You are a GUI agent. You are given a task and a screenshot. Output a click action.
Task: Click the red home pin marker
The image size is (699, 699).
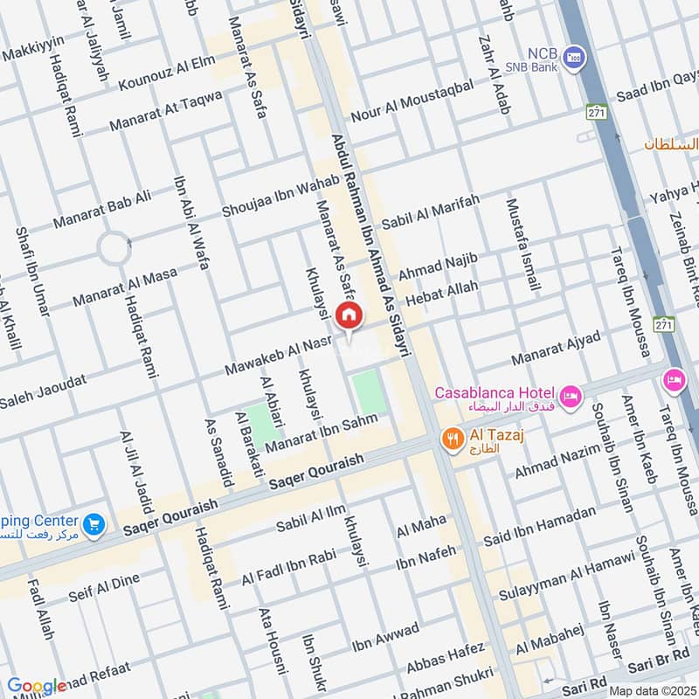point(349,315)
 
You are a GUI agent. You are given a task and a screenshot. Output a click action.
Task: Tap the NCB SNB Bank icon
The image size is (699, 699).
point(574,58)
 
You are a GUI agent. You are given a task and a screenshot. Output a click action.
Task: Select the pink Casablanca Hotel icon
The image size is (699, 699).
point(570,398)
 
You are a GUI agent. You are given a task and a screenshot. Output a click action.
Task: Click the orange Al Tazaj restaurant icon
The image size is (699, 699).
point(452,439)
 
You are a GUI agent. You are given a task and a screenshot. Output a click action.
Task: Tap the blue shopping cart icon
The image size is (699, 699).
point(94,524)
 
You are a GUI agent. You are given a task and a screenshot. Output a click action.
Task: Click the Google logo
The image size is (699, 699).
point(37,686)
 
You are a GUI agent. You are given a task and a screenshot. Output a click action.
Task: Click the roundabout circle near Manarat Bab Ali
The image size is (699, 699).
point(114,248)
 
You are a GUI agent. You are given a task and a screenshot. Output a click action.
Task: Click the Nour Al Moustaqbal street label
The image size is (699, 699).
point(412,100)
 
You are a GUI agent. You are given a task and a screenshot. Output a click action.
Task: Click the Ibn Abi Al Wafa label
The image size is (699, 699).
point(192,223)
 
